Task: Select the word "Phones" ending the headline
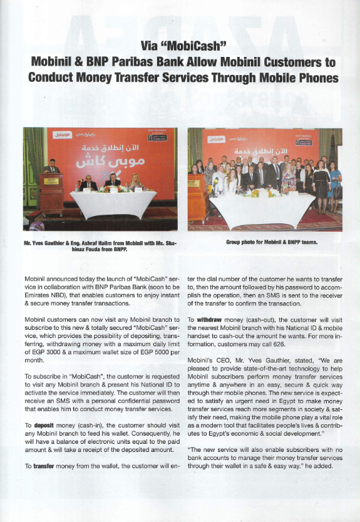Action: [x=311, y=78]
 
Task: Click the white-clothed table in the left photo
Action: [x=113, y=203]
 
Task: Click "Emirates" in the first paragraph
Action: [x=38, y=293]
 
